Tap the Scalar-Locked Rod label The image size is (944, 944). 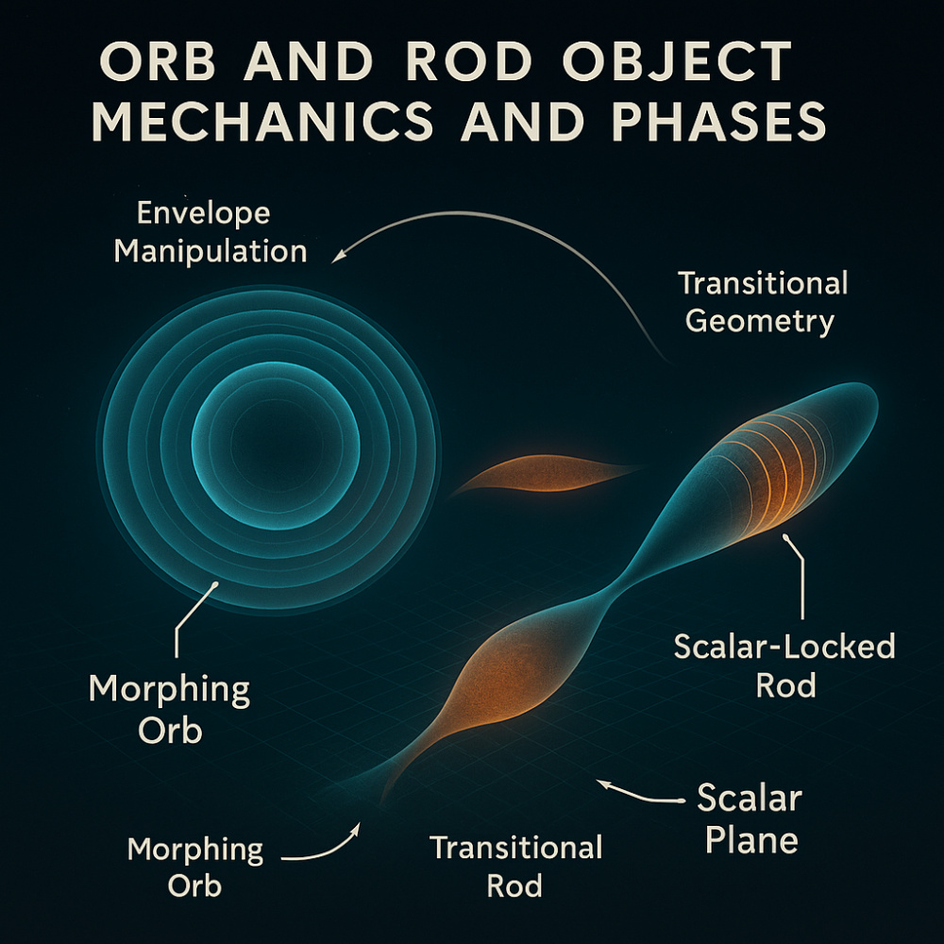click(x=784, y=666)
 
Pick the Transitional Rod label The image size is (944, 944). click(x=515, y=866)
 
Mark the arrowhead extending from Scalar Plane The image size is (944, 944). click(x=602, y=783)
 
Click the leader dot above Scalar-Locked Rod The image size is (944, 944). click(x=785, y=535)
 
